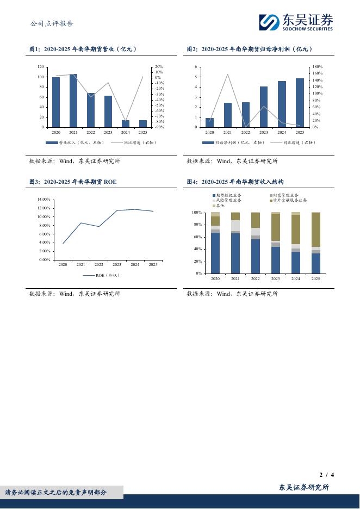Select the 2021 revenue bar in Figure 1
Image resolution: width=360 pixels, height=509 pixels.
click(73, 101)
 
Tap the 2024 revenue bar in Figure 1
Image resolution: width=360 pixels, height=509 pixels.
click(126, 123)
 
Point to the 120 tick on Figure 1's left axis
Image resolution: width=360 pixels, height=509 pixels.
click(40, 67)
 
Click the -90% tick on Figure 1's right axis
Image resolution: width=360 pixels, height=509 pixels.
click(159, 127)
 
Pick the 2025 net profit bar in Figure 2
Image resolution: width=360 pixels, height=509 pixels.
click(300, 103)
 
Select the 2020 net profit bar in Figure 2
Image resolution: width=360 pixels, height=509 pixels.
click(210, 122)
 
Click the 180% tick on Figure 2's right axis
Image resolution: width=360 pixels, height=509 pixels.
click(318, 67)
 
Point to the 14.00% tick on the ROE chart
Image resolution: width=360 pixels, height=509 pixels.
click(44, 200)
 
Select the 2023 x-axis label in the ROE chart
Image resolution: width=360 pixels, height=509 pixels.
click(117, 264)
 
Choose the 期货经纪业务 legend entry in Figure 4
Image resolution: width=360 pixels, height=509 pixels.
click(228, 195)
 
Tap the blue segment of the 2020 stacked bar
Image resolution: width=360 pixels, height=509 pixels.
click(215, 253)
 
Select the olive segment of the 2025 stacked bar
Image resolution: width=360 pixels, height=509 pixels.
click(316, 229)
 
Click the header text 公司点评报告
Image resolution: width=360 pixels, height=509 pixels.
click(52, 23)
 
